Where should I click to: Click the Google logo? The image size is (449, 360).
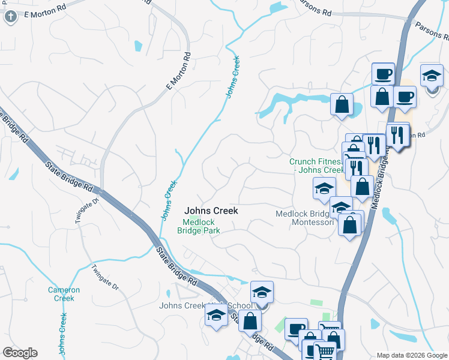click(x=20, y=353)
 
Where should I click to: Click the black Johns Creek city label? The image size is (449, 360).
click(x=211, y=211)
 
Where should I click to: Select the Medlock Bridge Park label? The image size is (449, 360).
click(x=202, y=226)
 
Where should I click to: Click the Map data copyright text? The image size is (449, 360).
click(x=411, y=355)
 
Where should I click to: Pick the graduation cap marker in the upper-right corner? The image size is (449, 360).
click(x=432, y=77)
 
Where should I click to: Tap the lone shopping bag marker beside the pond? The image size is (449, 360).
click(x=342, y=104)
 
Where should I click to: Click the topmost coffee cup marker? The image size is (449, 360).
click(x=382, y=75)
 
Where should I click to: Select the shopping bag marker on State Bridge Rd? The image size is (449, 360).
click(x=250, y=321)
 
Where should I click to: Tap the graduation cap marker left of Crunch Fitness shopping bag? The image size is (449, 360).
click(x=324, y=188)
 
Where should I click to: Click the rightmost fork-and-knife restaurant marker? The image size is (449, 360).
click(x=397, y=135)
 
